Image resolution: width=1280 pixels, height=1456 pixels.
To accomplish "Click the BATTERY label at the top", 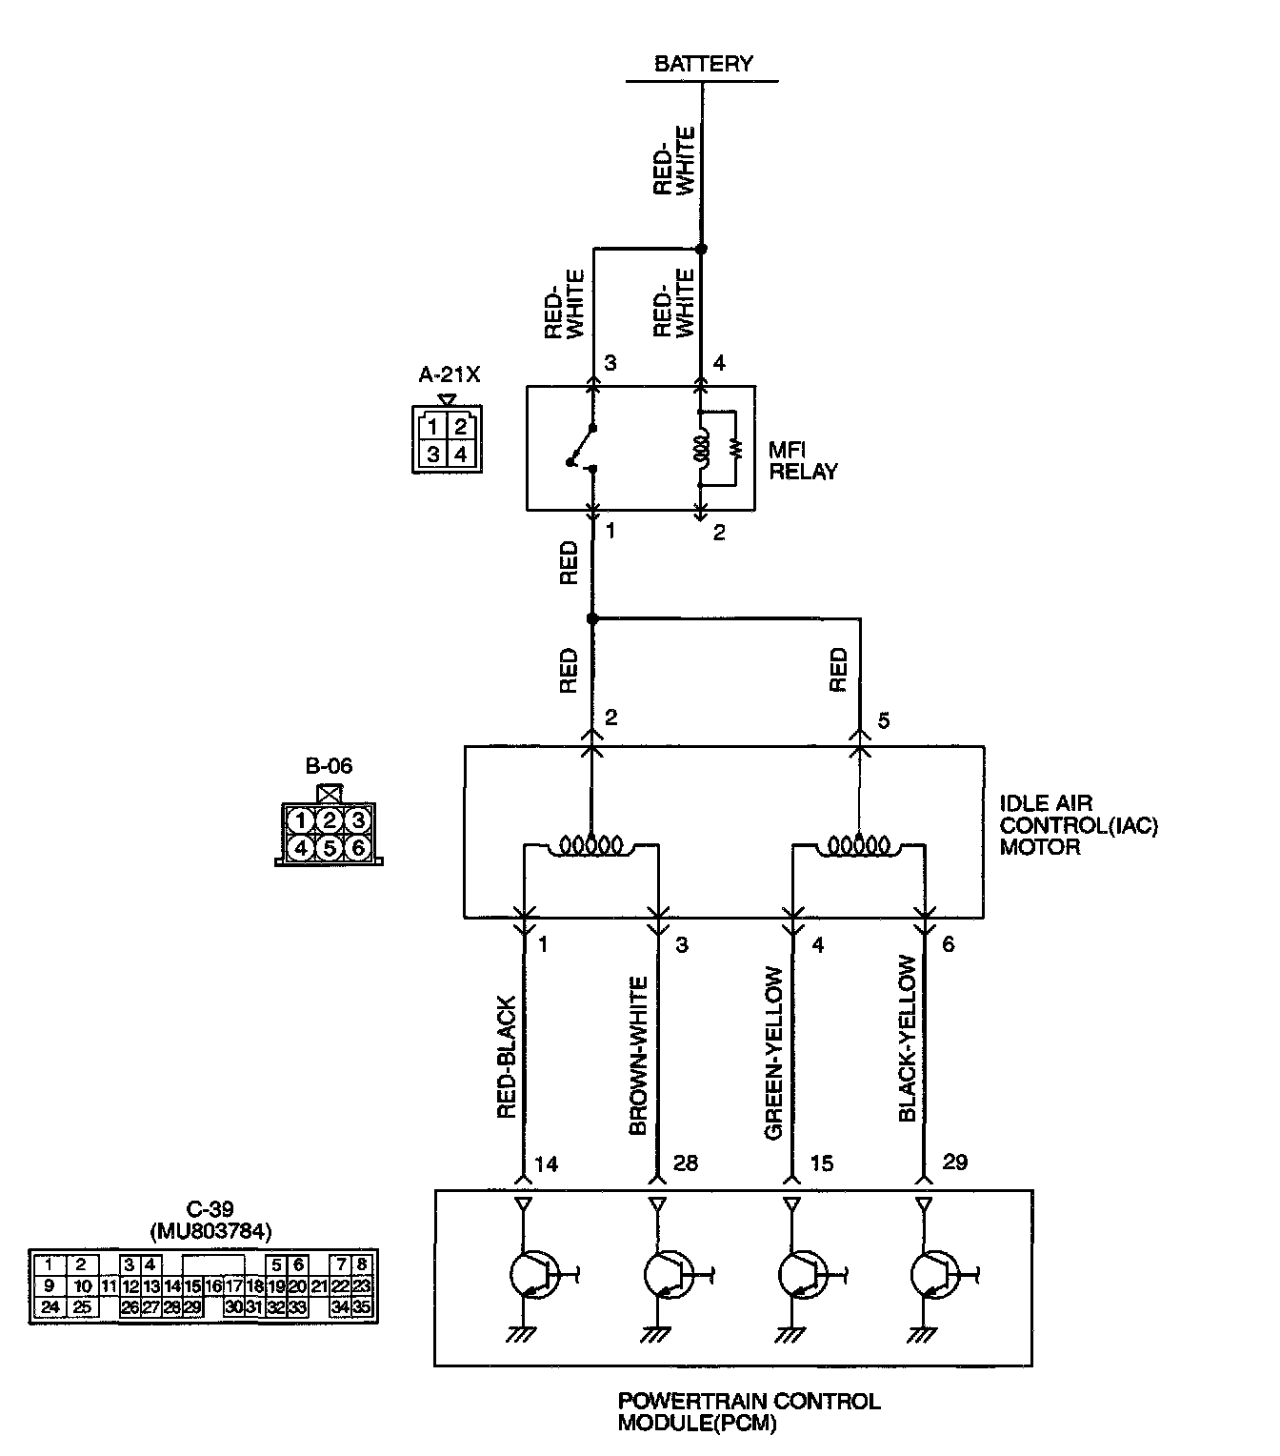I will coord(703,64).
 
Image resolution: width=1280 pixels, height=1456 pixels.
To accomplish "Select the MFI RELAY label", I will coord(803,459).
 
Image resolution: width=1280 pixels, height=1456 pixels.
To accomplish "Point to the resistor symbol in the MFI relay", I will coord(735,448).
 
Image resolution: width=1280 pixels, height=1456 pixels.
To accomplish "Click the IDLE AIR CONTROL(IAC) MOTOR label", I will coord(1078,825).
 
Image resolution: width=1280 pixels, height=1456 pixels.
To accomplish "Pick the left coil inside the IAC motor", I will coord(590,844).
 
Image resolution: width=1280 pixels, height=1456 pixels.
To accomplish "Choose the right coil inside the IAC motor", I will coord(858,844).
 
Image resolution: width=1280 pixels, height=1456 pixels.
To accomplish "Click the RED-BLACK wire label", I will coord(507,1058).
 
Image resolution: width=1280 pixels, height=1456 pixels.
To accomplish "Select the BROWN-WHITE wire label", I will coord(639,1056).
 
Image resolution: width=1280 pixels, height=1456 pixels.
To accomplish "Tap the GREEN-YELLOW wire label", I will coord(774,1053).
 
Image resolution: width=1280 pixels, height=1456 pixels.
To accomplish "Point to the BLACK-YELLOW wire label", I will coord(908,1039).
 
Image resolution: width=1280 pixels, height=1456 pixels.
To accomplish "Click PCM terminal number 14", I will coord(546,1163).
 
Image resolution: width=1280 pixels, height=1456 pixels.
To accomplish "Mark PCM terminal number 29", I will coord(954,1163).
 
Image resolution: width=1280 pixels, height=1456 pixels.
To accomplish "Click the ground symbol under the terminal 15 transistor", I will coord(790,1335).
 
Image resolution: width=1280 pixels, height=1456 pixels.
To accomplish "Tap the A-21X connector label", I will coord(450,374).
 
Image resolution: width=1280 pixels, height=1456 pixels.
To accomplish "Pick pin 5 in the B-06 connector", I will coord(330,846).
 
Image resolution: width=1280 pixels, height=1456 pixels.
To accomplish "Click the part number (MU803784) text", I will coord(210,1231).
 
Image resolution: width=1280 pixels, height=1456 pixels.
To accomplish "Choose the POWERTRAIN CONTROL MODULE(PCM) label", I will coord(749,1412).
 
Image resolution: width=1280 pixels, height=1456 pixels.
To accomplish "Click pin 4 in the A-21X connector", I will coord(461,455).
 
